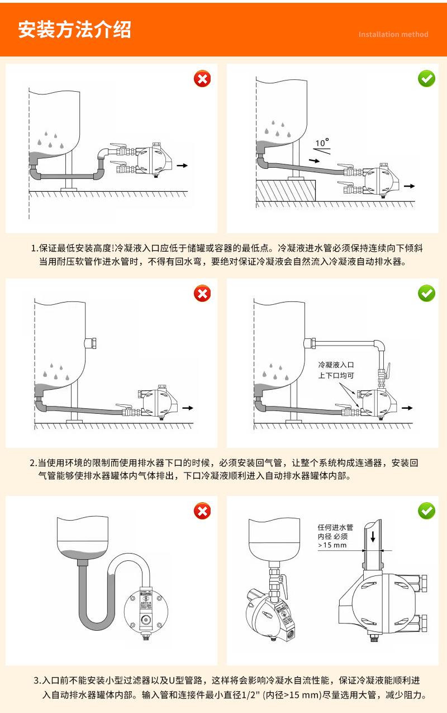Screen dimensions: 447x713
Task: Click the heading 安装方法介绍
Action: click(x=75, y=29)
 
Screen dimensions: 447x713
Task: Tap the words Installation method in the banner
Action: click(x=393, y=35)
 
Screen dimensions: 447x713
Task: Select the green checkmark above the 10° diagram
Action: click(x=427, y=79)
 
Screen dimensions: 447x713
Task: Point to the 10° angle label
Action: click(x=322, y=143)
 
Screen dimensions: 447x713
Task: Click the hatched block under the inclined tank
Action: click(x=286, y=191)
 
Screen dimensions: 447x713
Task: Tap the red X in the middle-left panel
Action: click(x=202, y=293)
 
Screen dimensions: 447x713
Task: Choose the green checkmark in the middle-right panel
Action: click(x=427, y=293)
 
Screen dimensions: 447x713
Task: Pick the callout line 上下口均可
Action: click(x=336, y=376)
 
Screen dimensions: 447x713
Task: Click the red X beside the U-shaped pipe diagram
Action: click(x=202, y=510)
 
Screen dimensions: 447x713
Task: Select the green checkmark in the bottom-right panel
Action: click(x=427, y=510)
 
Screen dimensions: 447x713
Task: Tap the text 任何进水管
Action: click(x=335, y=527)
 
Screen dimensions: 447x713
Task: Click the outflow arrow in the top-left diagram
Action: click(x=182, y=166)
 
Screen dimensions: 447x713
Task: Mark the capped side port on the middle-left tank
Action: click(x=91, y=343)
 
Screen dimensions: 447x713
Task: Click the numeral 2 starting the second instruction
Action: click(x=32, y=463)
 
